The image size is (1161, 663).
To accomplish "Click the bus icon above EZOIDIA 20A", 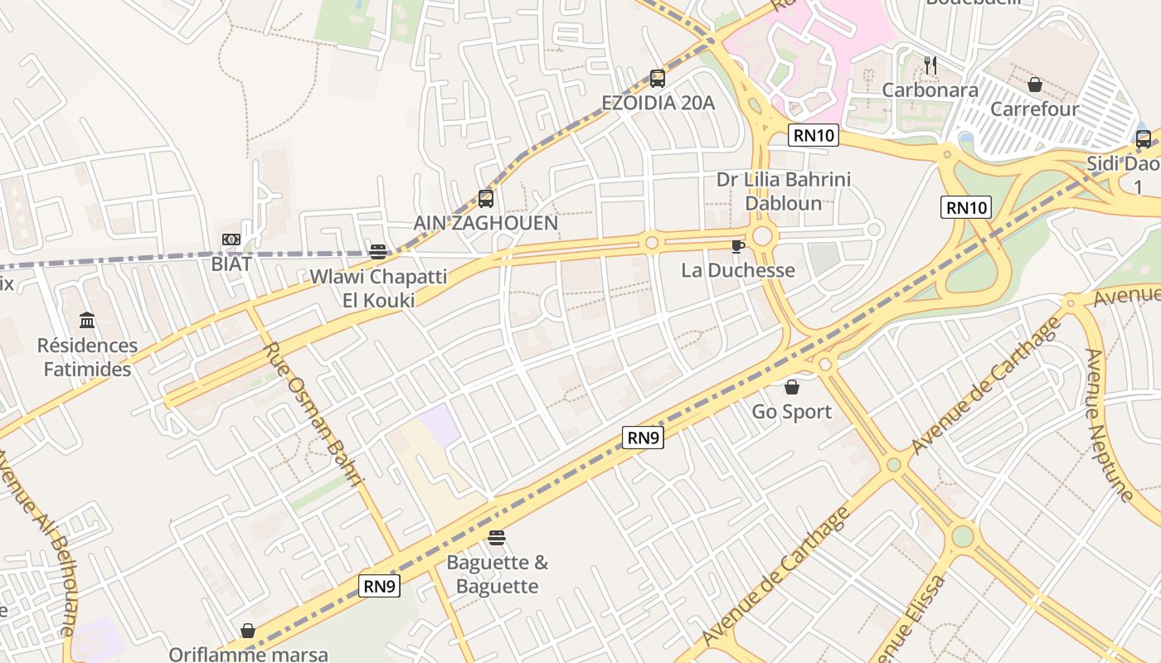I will [x=657, y=79].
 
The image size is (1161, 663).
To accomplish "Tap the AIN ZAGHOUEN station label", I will [x=485, y=223].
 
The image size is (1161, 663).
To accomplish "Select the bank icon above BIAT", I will [x=231, y=240].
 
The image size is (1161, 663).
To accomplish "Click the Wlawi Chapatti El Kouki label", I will [x=378, y=288].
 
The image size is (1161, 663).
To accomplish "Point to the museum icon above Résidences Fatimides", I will [x=87, y=320].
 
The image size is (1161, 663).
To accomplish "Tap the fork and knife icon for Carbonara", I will [x=930, y=65].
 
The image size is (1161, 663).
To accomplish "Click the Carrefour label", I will [x=1034, y=109].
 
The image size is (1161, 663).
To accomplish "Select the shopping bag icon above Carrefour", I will [x=1034, y=85].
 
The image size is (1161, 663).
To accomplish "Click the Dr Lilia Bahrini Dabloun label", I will [x=783, y=191].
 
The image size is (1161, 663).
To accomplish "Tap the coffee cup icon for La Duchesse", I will [x=737, y=246].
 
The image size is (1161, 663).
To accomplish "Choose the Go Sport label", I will [x=791, y=412].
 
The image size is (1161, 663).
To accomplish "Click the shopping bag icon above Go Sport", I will [x=791, y=387].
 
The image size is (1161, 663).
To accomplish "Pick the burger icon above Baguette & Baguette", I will [x=497, y=538].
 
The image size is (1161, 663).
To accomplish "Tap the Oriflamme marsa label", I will [x=248, y=654].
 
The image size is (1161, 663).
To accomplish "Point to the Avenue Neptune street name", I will [x=1108, y=425].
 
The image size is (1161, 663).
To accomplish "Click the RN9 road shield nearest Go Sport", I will [x=643, y=438].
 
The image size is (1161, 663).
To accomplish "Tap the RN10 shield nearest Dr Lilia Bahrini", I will [x=813, y=135].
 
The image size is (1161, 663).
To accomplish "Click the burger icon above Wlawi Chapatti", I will [x=378, y=252].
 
